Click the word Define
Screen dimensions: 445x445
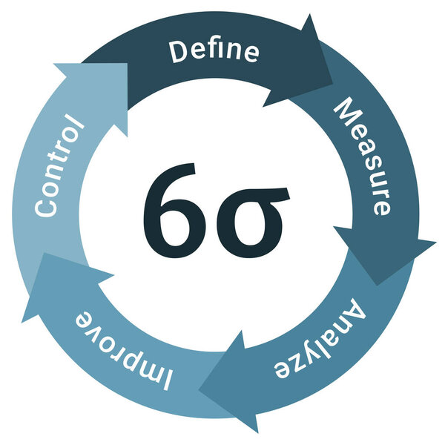214,51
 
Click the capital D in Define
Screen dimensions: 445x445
178,53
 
